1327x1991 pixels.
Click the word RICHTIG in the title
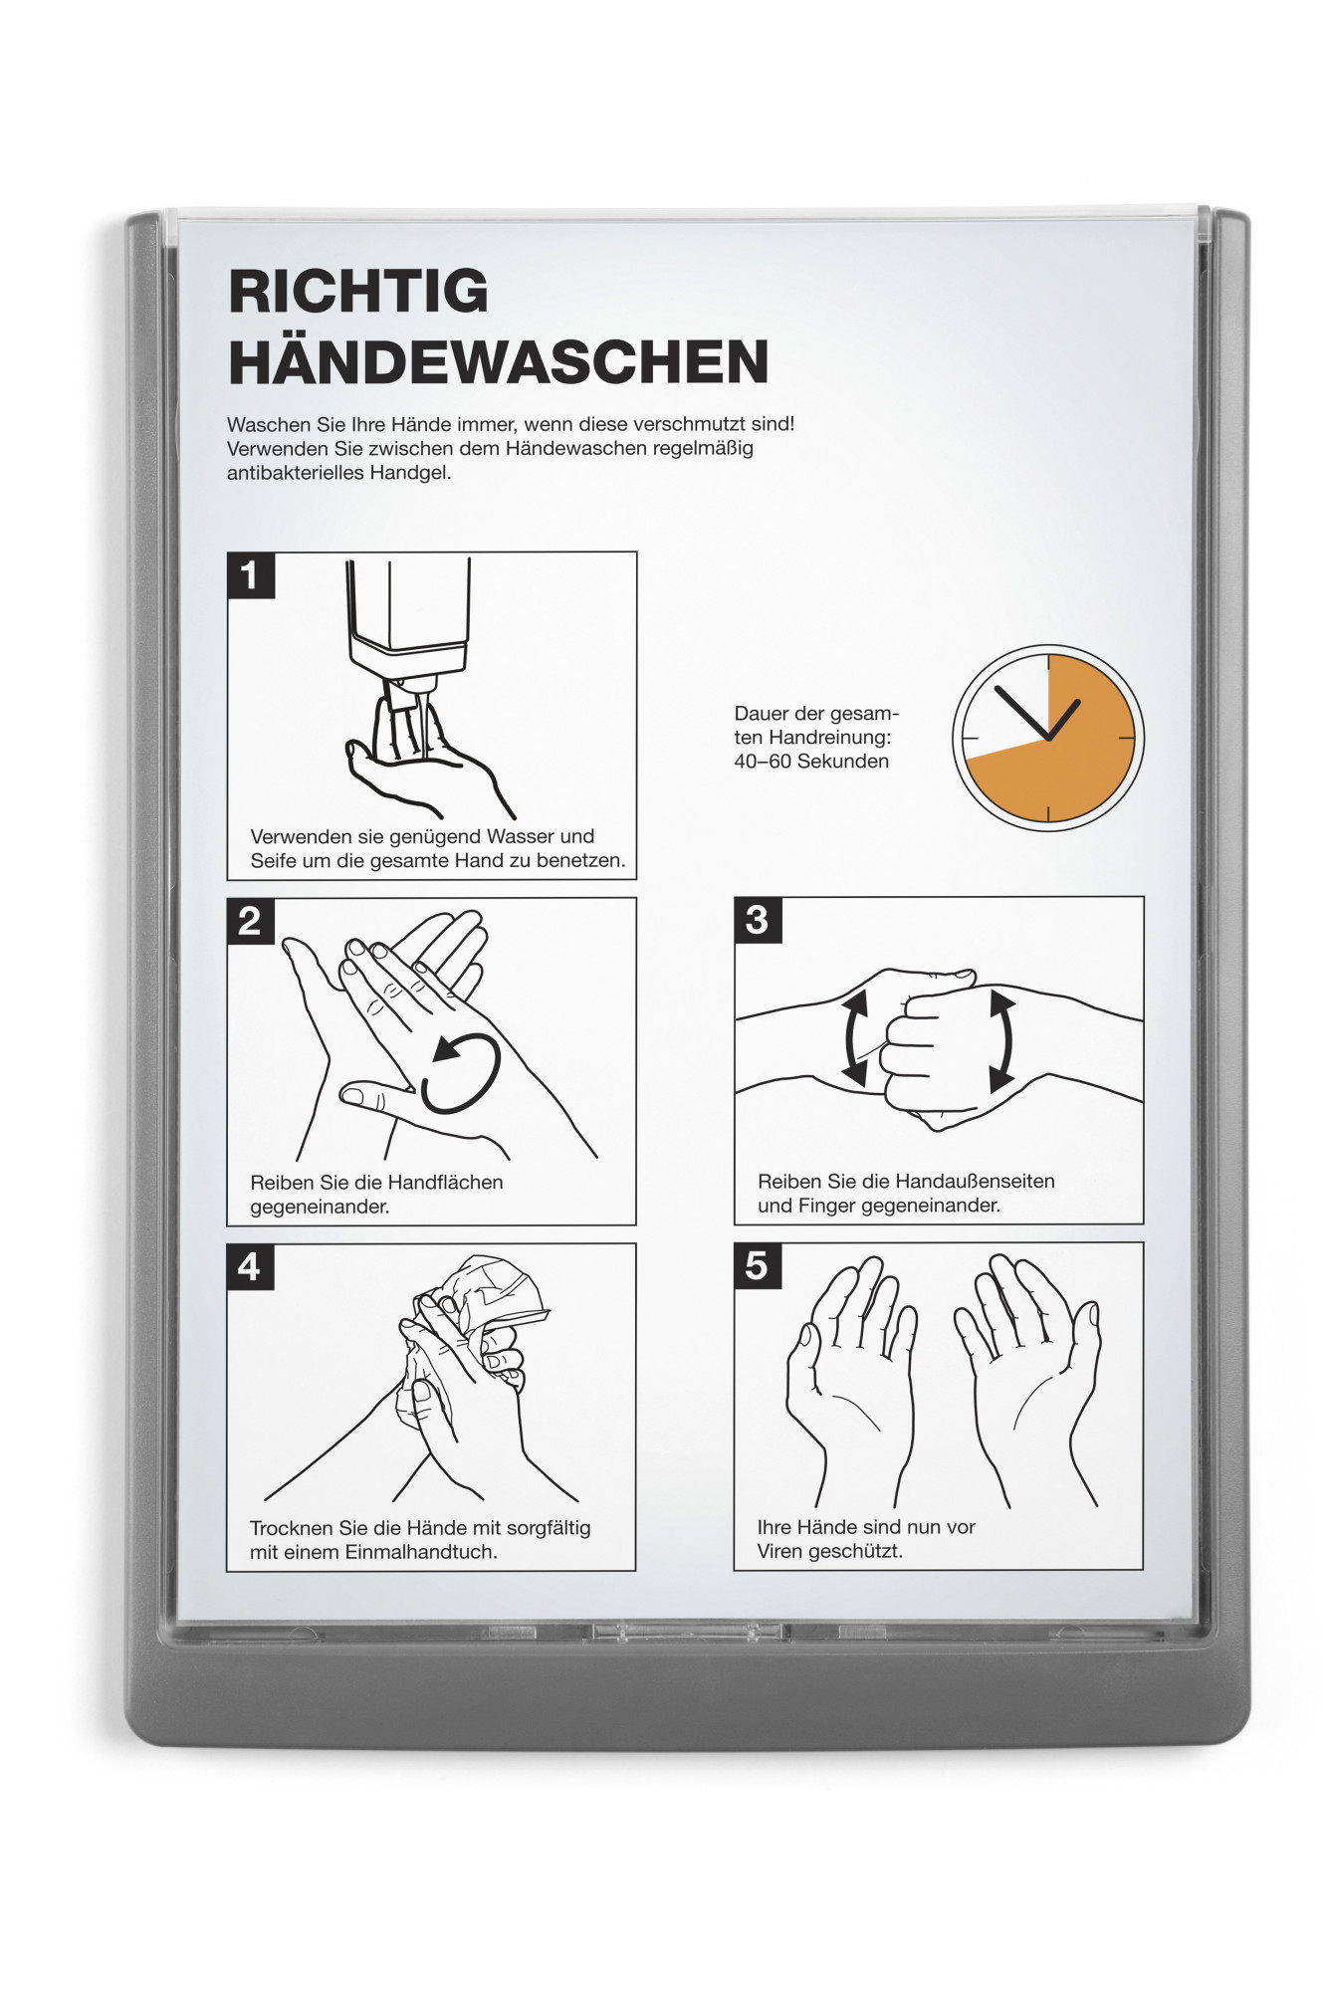tap(358, 291)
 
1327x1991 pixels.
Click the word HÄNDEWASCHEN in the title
tap(499, 361)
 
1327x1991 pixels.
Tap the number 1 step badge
tap(251, 575)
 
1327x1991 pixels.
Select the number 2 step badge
tap(251, 921)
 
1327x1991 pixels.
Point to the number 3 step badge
tap(758, 920)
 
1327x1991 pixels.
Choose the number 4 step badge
tap(250, 1266)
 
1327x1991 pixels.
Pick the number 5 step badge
tap(757, 1265)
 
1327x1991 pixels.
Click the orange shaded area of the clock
tap(1070, 757)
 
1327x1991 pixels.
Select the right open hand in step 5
tap(1029, 1379)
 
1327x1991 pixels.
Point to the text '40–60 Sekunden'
tap(811, 762)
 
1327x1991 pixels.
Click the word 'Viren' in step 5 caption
tap(780, 1551)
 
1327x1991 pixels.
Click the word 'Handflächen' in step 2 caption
tap(446, 1183)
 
